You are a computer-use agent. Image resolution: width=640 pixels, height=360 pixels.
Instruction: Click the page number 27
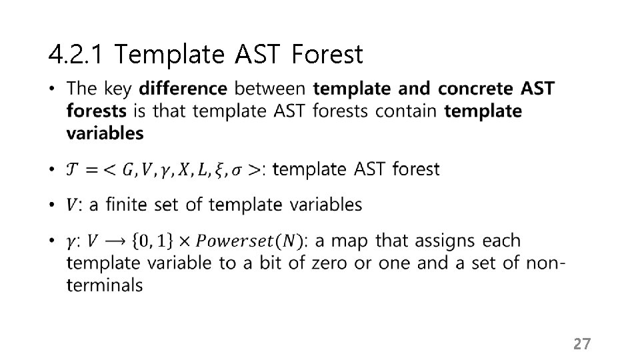[x=582, y=344]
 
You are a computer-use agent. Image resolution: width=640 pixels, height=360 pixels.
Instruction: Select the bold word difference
[x=183, y=89]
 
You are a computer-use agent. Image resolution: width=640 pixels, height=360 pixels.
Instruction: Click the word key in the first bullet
[x=119, y=89]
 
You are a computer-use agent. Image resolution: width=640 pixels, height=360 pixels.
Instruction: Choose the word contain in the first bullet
[x=407, y=111]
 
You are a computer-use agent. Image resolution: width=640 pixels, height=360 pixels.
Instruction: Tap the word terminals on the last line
[x=105, y=285]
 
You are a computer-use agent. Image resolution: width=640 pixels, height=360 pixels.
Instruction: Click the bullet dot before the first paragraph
[x=53, y=89]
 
